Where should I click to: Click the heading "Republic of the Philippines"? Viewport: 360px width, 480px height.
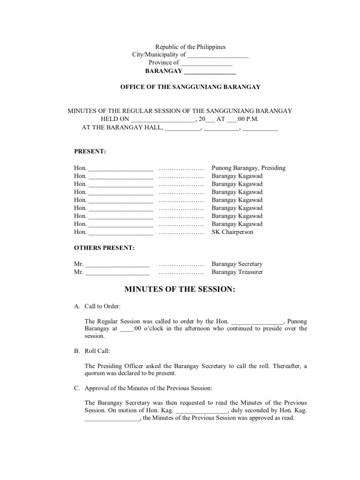tap(190, 47)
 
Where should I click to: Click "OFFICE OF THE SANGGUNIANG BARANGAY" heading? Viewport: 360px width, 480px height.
tap(190, 87)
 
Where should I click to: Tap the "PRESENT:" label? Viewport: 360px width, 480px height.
tap(90, 152)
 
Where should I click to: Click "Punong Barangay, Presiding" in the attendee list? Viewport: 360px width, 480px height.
tap(248, 168)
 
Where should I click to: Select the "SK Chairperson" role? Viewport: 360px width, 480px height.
tap(232, 232)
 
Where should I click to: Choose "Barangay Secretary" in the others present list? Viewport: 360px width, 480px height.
tap(237, 264)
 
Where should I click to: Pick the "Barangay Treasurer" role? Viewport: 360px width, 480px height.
tap(237, 272)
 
